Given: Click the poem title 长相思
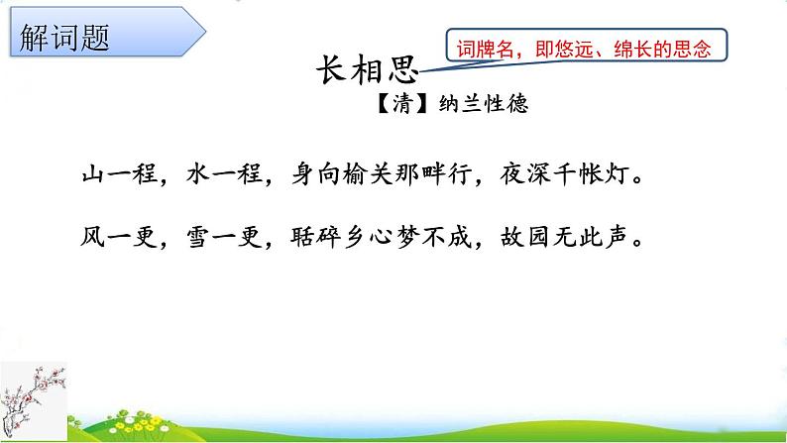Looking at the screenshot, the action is point(368,69).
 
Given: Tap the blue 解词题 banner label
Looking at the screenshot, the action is point(64,38).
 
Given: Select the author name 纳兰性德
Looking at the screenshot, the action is point(484,104).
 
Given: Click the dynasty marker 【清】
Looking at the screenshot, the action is point(401,104).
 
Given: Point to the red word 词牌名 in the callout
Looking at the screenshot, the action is point(486,49).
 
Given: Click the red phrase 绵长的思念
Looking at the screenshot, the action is point(662,49).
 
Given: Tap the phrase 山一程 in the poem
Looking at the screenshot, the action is point(120,174).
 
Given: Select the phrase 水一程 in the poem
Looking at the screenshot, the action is point(224,174).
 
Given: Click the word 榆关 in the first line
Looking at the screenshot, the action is point(368,174).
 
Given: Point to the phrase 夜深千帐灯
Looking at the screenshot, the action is point(564,174).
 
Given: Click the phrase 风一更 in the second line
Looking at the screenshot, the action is point(120,237).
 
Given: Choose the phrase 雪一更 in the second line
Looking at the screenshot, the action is point(224,237).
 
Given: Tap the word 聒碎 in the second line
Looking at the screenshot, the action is point(315,237).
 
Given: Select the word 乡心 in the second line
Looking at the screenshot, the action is point(368,237).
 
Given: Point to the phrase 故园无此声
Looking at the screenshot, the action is point(564,237).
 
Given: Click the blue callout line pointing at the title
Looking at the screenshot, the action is point(461,65).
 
